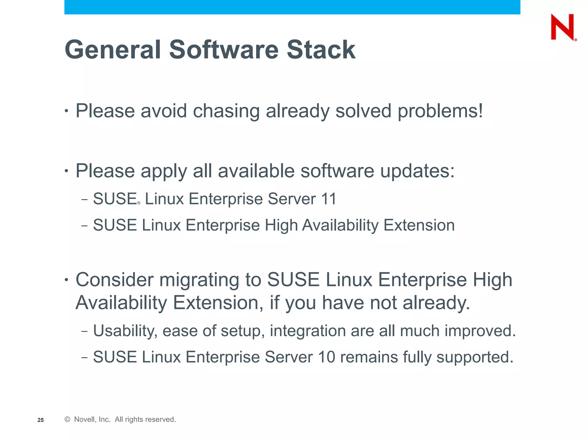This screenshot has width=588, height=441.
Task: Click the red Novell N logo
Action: (x=562, y=27)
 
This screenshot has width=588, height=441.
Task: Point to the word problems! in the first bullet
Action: (x=440, y=111)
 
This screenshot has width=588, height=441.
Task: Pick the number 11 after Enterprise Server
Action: (x=329, y=199)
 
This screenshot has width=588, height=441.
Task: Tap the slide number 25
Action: (x=40, y=420)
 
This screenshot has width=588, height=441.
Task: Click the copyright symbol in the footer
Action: (x=67, y=419)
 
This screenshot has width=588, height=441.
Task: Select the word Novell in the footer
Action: (x=84, y=419)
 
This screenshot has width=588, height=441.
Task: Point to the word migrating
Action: (x=199, y=280)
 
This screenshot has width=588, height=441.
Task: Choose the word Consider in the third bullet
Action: (x=115, y=280)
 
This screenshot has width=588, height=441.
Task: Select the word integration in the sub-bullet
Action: (x=307, y=331)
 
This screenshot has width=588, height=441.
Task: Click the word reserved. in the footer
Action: (x=162, y=419)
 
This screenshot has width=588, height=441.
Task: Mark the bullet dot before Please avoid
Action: (x=67, y=111)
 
